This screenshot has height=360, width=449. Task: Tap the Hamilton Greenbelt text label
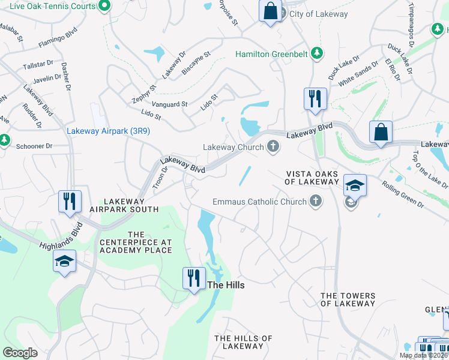[271, 54]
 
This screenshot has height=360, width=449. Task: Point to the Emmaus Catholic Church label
[259, 202]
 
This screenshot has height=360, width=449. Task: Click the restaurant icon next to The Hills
[193, 278]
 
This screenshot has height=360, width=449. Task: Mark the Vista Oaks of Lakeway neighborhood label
[312, 178]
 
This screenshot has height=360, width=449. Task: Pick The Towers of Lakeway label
[348, 299]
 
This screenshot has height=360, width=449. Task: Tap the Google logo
[20, 353]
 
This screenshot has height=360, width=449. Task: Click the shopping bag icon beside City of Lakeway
[270, 11]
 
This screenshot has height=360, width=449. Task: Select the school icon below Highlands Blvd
[64, 262]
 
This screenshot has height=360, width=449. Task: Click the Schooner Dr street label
[34, 146]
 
